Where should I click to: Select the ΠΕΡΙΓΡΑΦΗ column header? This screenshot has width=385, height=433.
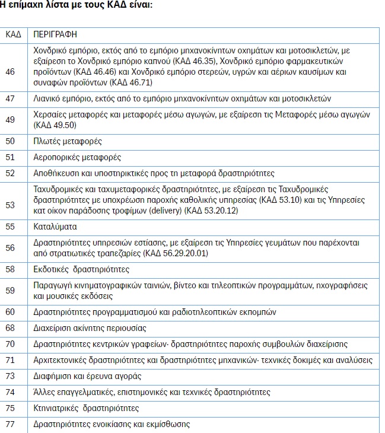[55, 35]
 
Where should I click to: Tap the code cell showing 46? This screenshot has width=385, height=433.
[10, 71]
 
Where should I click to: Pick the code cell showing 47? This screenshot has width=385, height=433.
[10, 98]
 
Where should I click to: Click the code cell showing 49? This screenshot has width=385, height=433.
[10, 120]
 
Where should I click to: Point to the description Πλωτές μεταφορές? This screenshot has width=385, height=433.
[68, 141]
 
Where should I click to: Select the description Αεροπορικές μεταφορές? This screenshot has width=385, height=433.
[77, 157]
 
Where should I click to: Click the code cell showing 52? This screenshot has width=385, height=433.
[10, 173]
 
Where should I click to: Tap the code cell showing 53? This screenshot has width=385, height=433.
[10, 205]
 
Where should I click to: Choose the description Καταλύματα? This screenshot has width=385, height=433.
[55, 227]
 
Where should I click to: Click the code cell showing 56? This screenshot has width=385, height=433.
[10, 248]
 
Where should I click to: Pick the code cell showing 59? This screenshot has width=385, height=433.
[10, 291]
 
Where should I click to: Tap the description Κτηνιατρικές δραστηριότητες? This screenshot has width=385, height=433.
[86, 408]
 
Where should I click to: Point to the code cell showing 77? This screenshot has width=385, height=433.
[10, 424]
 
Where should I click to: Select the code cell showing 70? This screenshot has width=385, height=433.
[10, 344]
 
